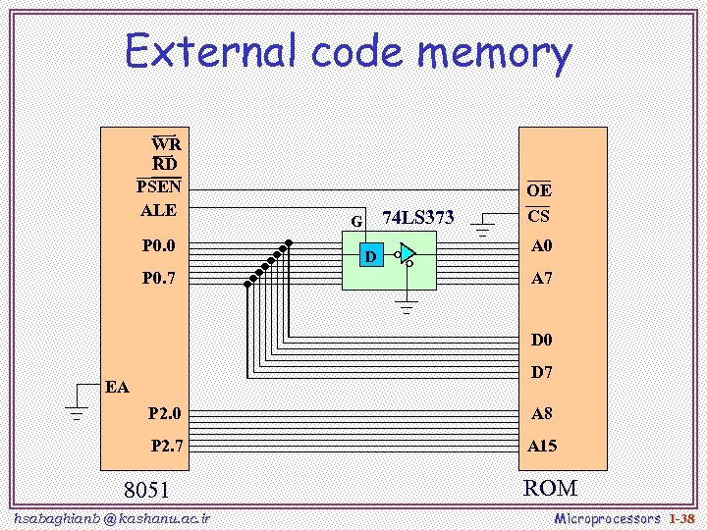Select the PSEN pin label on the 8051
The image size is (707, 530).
click(158, 185)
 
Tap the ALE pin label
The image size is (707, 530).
click(158, 209)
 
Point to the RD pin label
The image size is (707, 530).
click(165, 163)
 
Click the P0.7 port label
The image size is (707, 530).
click(158, 278)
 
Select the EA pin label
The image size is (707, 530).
click(117, 387)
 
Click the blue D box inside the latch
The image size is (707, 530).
click(370, 257)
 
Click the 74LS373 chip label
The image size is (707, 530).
click(417, 217)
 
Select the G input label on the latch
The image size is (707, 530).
click(357, 221)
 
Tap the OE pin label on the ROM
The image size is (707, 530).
click(539, 190)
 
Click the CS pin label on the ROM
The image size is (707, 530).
click(538, 216)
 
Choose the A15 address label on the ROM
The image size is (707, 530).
click(542, 446)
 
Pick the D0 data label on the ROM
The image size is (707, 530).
click(542, 341)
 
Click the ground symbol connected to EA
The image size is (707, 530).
click(75, 404)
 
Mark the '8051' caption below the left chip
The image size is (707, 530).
click(146, 490)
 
